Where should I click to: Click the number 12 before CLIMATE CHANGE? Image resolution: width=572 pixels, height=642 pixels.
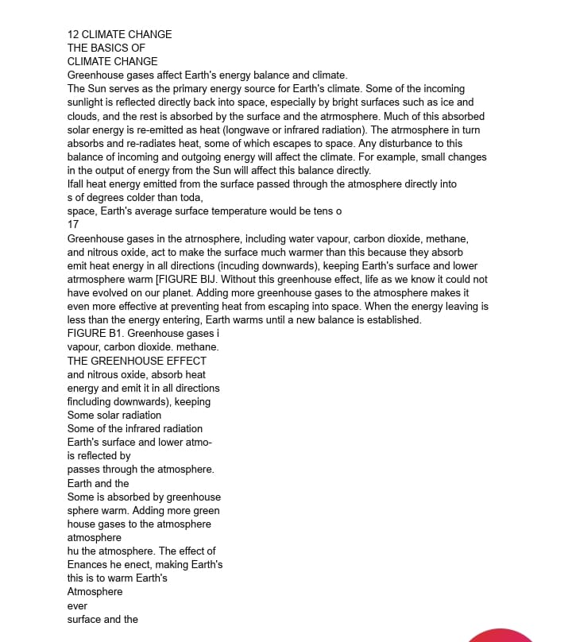click(x=73, y=34)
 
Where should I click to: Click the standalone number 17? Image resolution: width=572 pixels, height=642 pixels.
click(x=73, y=225)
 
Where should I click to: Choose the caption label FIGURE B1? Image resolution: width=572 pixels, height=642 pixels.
click(x=95, y=334)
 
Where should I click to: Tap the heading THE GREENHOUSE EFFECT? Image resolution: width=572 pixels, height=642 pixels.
click(x=137, y=361)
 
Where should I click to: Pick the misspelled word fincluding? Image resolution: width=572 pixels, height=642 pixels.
click(x=95, y=402)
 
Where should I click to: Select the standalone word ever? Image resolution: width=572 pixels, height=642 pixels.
click(x=77, y=606)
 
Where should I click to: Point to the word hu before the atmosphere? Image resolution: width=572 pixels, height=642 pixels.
click(x=74, y=551)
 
